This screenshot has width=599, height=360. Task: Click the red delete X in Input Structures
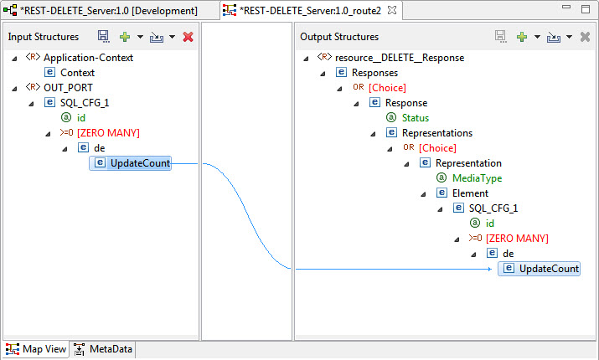188,37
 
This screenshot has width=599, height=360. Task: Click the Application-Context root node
88,58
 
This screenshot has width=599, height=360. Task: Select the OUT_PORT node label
68,88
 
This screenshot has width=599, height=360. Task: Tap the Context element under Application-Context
77,73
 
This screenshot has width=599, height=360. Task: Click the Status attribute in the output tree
416,118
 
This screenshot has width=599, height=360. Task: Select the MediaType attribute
478,178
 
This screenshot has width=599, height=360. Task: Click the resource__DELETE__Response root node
400,58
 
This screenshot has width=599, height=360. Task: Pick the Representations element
437,133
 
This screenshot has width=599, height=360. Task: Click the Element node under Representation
470,193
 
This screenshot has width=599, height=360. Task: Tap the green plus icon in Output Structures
521,37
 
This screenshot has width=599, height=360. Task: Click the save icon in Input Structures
103,37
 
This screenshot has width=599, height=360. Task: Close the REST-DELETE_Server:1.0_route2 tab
392,10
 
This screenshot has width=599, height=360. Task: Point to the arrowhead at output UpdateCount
490,269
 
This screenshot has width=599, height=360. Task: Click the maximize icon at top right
586,8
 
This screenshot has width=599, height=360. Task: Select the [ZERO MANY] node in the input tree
108,133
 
